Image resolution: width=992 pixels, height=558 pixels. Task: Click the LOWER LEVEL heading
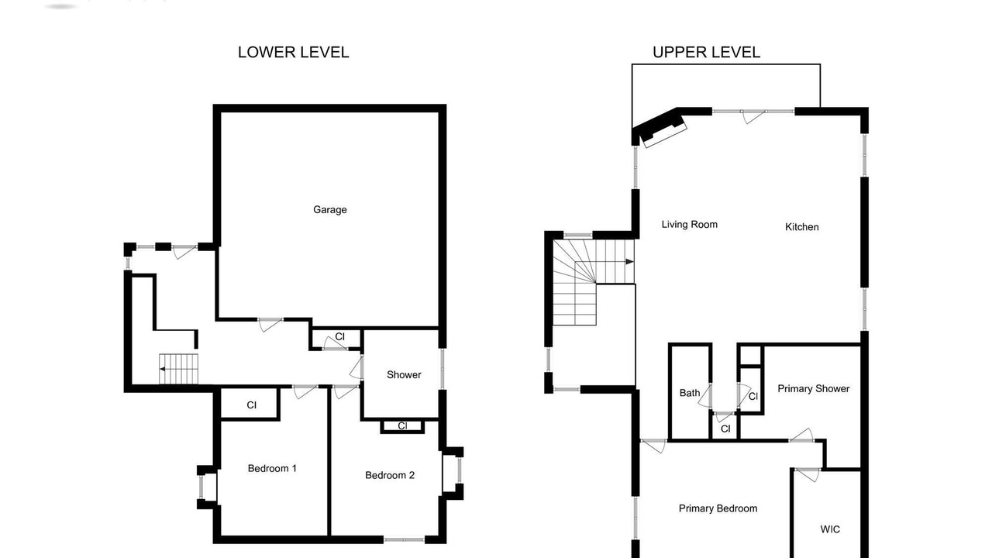click(x=293, y=52)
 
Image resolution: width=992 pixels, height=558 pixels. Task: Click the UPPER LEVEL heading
click(x=706, y=52)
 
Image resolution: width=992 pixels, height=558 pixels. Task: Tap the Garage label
click(x=330, y=210)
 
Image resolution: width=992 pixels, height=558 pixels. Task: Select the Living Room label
click(x=690, y=225)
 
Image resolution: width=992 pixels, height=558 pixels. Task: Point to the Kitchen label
click(x=801, y=227)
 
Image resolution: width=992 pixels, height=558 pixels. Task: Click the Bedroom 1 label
click(x=272, y=469)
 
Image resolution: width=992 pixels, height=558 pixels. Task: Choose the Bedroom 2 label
click(x=390, y=475)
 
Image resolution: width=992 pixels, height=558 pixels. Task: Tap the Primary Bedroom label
click(x=718, y=508)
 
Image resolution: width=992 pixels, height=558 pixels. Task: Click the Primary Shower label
click(x=814, y=389)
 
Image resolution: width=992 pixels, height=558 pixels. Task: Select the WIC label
click(x=830, y=529)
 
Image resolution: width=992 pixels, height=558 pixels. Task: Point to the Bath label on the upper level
click(x=690, y=393)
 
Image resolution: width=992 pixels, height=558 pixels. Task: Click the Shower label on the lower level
click(x=404, y=374)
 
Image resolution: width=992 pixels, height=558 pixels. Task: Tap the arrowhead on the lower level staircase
click(x=163, y=369)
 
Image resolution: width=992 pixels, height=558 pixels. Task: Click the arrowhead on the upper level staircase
click(x=629, y=262)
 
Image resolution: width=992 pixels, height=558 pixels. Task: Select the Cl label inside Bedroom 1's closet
click(x=252, y=405)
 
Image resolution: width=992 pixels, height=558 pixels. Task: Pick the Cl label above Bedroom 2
click(x=402, y=426)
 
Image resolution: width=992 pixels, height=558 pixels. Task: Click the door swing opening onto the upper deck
click(x=754, y=117)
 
